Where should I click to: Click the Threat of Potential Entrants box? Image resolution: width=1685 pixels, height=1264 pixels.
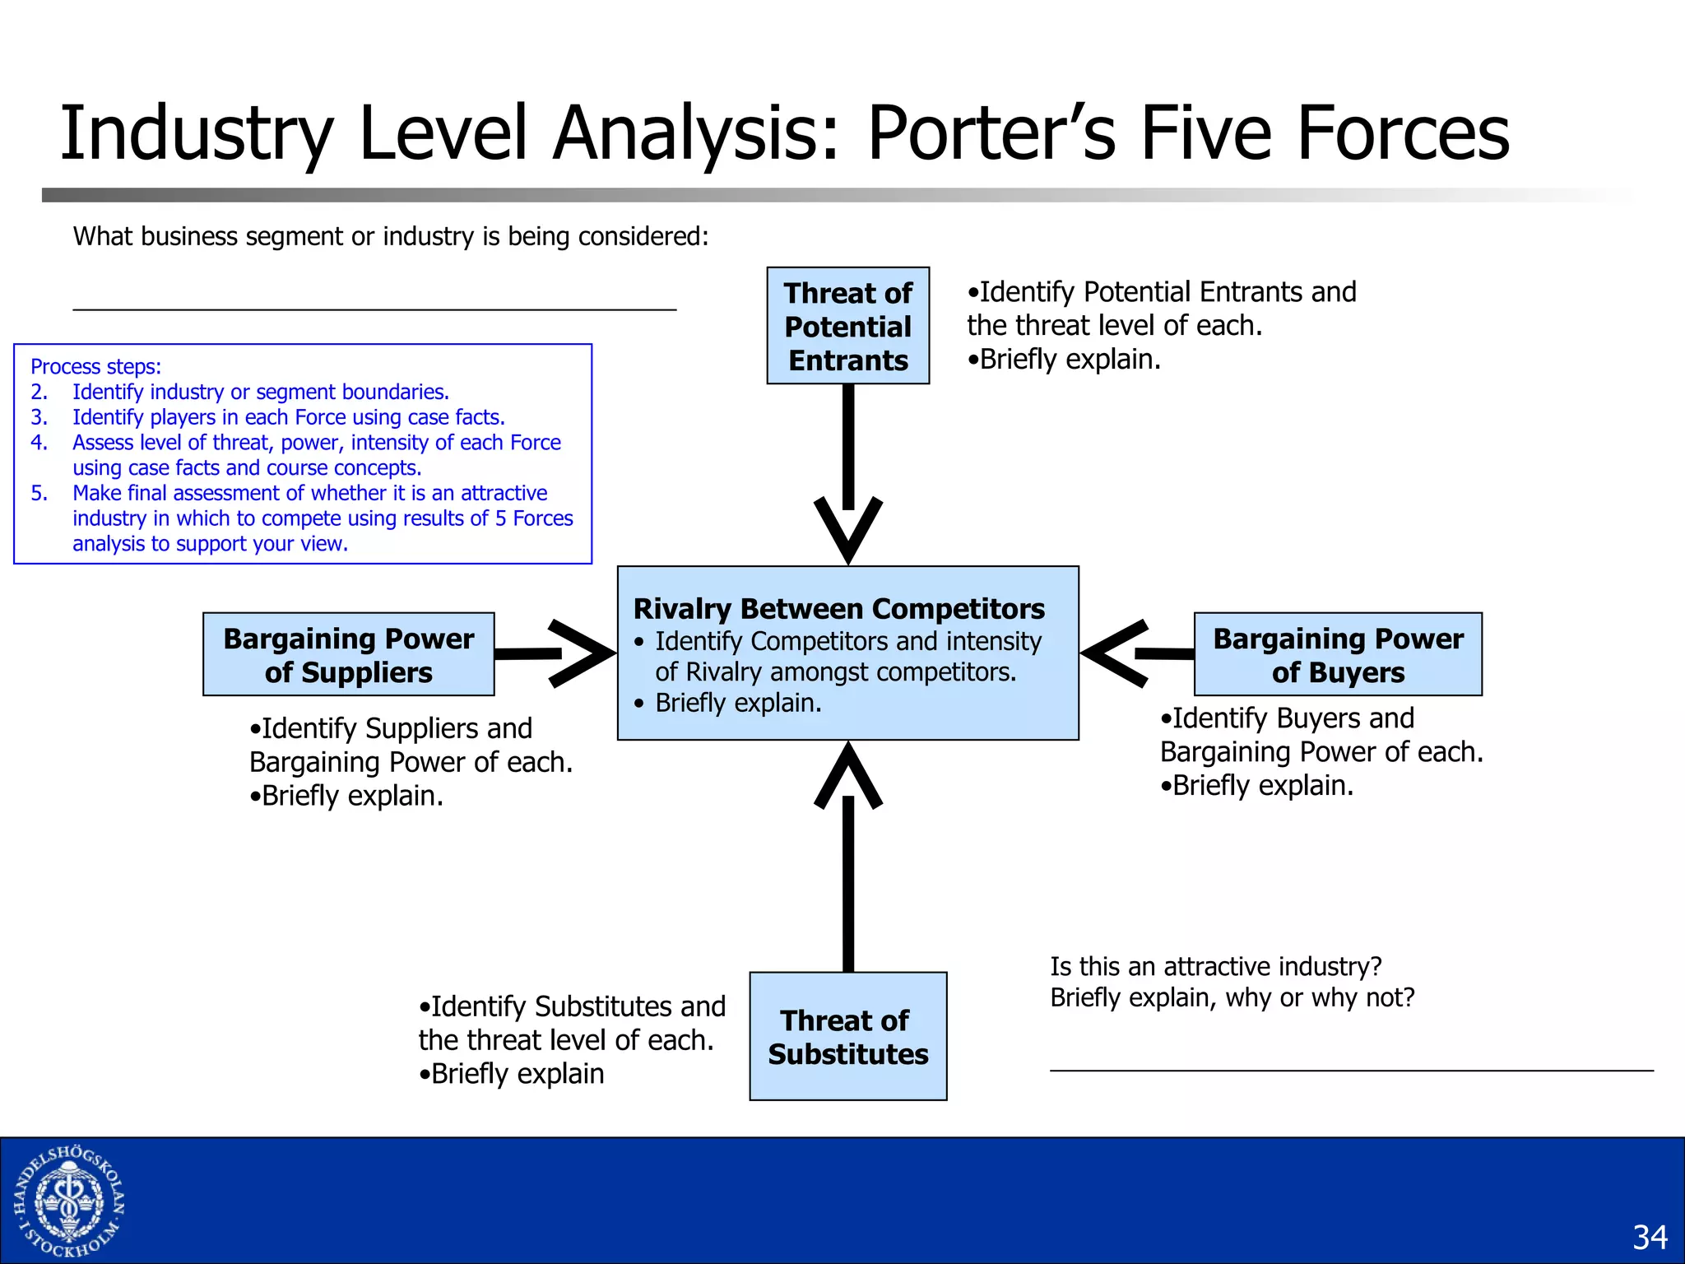[847, 326]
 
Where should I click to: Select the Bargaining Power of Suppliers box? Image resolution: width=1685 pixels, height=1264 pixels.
[348, 655]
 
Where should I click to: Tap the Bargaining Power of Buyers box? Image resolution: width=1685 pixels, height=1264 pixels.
[1338, 655]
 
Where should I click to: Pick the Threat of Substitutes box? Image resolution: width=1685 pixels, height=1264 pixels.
[847, 1037]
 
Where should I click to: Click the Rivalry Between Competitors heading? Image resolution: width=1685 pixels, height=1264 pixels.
[838, 609]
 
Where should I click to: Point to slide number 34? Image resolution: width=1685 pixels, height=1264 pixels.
[1650, 1238]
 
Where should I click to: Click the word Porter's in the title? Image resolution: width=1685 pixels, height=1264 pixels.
[991, 133]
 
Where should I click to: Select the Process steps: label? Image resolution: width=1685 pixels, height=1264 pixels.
[96, 367]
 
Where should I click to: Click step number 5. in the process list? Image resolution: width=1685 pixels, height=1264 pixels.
[39, 494]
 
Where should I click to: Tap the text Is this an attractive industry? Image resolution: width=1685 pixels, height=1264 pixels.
[1215, 966]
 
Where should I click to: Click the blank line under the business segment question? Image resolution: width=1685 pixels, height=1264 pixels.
[374, 309]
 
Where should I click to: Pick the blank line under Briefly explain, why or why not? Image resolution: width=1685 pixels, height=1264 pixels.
[1351, 1070]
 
